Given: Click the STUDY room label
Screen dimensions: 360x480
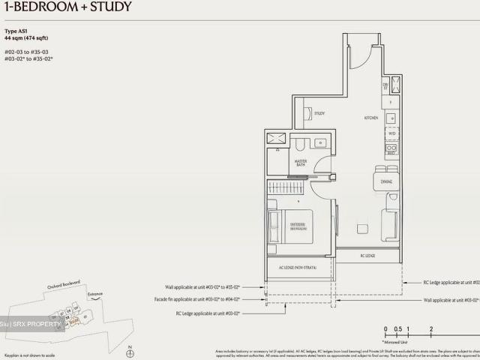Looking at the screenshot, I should tap(319, 113).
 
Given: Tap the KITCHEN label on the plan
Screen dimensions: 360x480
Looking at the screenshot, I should tap(370, 118).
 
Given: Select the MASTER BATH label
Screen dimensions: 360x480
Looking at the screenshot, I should tap(301, 163).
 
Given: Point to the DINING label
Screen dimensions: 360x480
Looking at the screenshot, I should tap(386, 181).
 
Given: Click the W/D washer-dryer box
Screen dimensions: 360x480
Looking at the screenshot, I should tap(391, 134).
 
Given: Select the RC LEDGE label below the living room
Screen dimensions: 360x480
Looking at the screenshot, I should tap(367, 255).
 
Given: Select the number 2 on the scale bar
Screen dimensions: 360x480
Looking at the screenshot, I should tap(431, 329).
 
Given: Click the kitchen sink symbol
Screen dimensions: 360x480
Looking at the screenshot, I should tap(391, 118).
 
